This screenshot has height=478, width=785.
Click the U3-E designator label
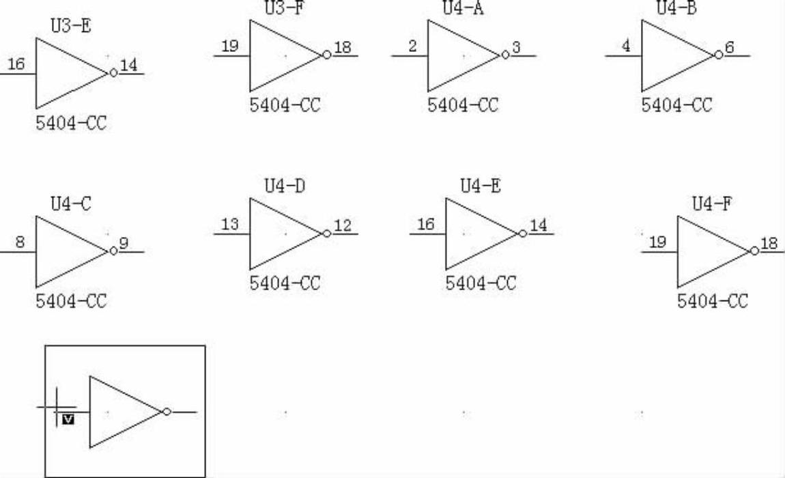pos(71,27)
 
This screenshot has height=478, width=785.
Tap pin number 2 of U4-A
pos(412,47)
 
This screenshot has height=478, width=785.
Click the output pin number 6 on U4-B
pos(730,47)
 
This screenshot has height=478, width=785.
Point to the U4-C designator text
pos(71,204)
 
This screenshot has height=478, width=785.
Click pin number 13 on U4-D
pos(230,225)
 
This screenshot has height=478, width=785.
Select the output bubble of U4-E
pos(523,234)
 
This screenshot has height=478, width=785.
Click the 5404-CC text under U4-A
pos(463,105)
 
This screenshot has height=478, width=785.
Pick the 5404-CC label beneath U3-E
pos(71,124)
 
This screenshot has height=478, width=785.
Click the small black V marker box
pos(68,419)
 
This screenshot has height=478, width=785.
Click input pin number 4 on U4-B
pos(625,47)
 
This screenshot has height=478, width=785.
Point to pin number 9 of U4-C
pos(124,242)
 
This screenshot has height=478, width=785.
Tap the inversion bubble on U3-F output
pos(327,55)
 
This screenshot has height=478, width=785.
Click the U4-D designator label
pos(285,186)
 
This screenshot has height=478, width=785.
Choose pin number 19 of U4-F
pos(657,242)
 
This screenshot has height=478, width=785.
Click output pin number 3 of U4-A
pos(516,47)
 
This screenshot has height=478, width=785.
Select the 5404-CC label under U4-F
pos(712,301)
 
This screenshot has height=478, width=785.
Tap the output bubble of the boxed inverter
pos(167,412)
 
